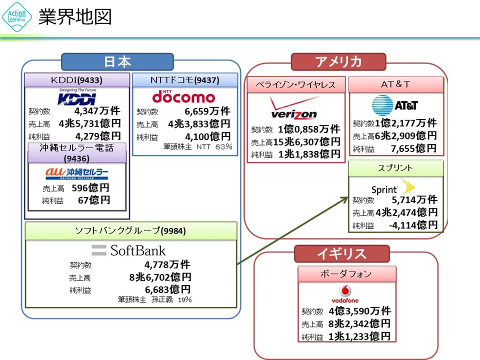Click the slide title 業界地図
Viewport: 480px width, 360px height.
coord(75,17)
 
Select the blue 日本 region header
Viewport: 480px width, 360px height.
coord(117,61)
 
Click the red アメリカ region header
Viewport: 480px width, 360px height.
coord(338,61)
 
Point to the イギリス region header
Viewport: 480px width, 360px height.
coord(341,254)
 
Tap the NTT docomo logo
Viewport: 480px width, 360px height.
coord(183,96)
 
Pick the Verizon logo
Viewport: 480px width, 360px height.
coord(294,108)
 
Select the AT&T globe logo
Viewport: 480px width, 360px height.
coord(395,105)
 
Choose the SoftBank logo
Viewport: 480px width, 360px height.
coord(128,250)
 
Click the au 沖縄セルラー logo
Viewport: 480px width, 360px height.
coord(77,173)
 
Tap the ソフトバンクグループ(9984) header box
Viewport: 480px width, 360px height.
coord(131,230)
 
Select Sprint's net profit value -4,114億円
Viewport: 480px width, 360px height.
coord(413,225)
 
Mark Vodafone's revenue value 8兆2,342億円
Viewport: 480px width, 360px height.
coord(356,323)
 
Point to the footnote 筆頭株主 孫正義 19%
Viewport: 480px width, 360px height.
coord(155,299)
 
